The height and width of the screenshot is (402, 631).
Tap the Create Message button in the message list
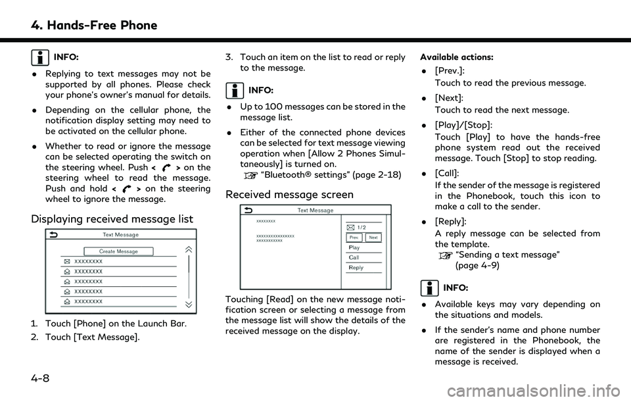pos(118,251)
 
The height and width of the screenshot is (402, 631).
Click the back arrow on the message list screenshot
pos(52,234)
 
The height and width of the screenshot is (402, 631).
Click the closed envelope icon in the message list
pos(67,261)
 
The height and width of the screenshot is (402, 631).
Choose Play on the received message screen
pos(355,247)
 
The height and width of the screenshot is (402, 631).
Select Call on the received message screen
pos(354,257)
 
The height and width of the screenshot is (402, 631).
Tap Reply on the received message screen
pos(356,268)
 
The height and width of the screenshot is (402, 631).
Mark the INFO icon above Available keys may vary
pos(429,287)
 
